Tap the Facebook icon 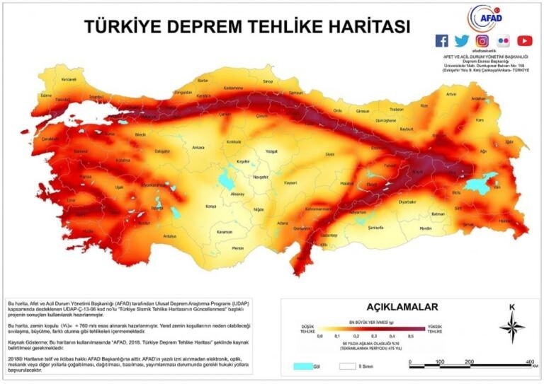pos(441,41)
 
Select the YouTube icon pos(524,41)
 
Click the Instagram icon pos(482,41)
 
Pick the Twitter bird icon pos(462,41)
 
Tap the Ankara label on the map pos(198,147)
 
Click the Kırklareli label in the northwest pos(69,80)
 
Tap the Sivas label pos(329,153)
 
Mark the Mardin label pos(425,228)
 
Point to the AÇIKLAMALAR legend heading pos(402,307)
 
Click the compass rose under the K pos(511,327)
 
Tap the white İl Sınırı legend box pos(346,367)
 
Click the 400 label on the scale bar pos(528,361)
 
